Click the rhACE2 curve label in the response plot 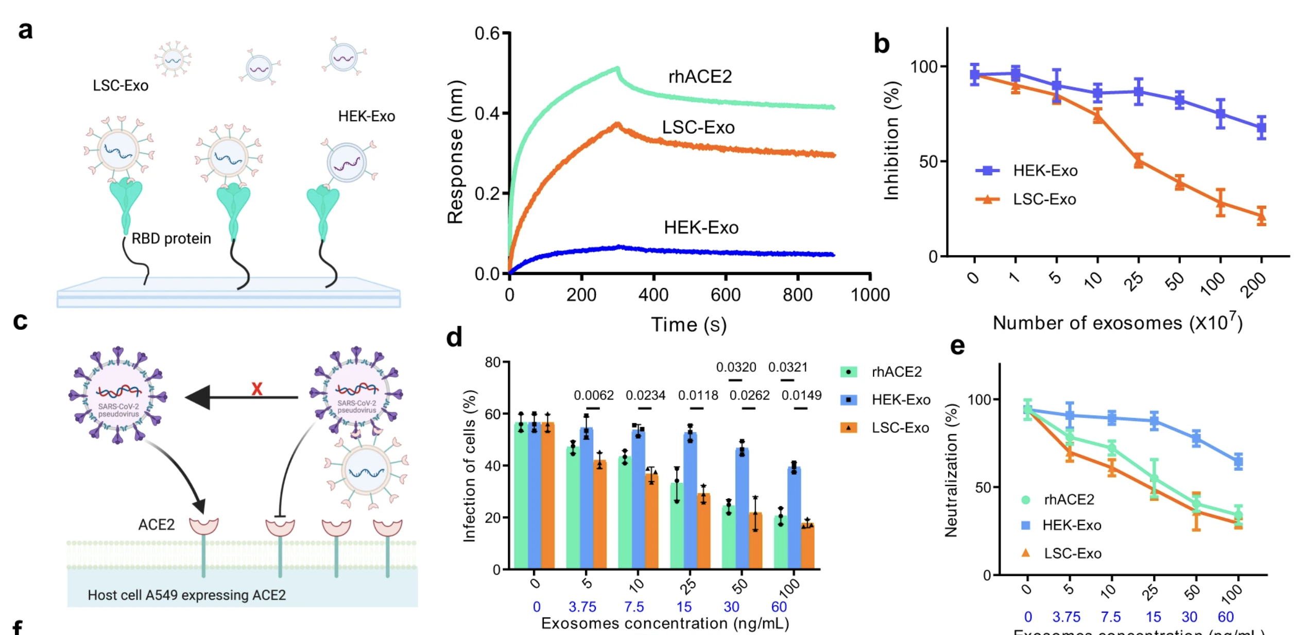click(699, 77)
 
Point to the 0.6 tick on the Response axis click(487, 34)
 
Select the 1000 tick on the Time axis click(870, 295)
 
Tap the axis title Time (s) click(689, 325)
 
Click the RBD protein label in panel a click(171, 239)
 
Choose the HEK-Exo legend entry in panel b click(1044, 171)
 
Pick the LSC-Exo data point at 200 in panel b click(1261, 216)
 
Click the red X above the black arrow click(256, 389)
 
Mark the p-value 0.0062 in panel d click(593, 395)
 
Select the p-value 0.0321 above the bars click(787, 367)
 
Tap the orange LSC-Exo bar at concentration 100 click(807, 546)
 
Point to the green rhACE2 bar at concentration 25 click(677, 526)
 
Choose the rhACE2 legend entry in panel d click(896, 372)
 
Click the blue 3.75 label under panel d click(582, 607)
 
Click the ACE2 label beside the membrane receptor click(156, 525)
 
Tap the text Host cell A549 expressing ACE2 click(186, 595)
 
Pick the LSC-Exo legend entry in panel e click(1072, 554)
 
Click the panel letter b click(881, 44)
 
